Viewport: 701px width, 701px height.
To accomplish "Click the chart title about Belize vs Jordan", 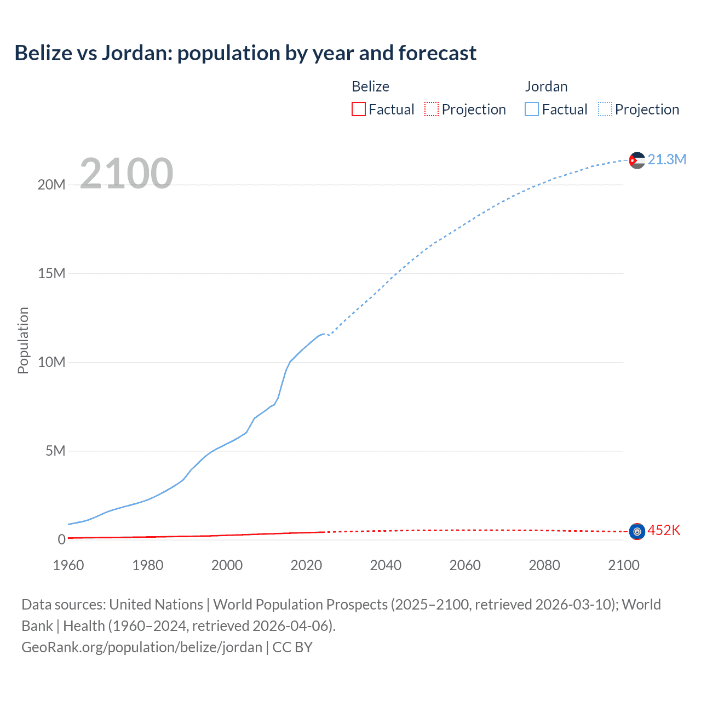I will (245, 53).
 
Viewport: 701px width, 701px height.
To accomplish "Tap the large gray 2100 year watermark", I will (127, 174).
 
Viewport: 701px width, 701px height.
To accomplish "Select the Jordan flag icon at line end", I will (637, 160).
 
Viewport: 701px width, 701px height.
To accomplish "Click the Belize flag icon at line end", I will (637, 531).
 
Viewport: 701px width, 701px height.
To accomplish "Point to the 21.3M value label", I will (666, 159).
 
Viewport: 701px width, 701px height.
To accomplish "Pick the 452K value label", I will (664, 530).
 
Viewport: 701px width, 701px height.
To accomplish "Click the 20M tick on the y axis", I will (51, 185).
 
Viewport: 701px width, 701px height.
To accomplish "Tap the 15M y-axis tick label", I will (51, 273).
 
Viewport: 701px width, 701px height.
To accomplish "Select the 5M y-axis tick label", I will (55, 451).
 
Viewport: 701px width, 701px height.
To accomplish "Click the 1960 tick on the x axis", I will (68, 565).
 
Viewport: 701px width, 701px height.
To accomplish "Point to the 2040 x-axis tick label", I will (386, 565).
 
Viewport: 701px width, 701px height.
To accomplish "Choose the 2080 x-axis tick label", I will (544, 565).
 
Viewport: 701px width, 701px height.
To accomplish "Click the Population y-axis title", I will (23, 340).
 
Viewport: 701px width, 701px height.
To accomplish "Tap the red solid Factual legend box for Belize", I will (359, 110).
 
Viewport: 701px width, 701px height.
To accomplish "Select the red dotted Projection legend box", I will (432, 110).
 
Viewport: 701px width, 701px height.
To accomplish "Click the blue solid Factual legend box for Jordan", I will (532, 110).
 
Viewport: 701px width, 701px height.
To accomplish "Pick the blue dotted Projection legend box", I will (605, 110).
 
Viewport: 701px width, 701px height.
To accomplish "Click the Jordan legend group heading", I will (546, 87).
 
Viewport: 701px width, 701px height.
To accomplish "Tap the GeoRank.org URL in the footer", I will (142, 647).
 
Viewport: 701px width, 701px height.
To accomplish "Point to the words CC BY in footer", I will (292, 647).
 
